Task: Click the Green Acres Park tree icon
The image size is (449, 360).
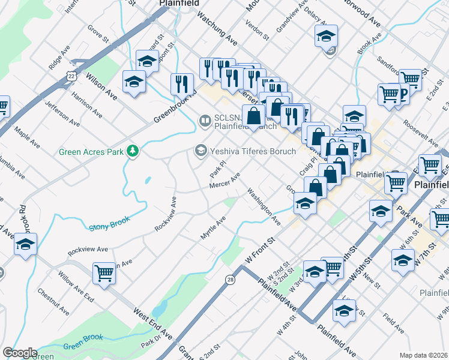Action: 131,151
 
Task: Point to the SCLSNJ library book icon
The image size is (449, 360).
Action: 205,122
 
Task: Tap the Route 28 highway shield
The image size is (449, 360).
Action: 231,280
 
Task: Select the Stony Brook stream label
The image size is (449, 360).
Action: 109,224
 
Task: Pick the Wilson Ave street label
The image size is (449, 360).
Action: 101,85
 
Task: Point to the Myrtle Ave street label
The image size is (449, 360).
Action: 212,228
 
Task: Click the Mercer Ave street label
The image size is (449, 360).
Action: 224,180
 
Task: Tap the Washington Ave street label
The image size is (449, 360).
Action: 264,207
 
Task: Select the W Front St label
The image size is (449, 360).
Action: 259,248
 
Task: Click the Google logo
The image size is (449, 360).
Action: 19,353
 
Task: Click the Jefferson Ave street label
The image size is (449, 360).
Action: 62,113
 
